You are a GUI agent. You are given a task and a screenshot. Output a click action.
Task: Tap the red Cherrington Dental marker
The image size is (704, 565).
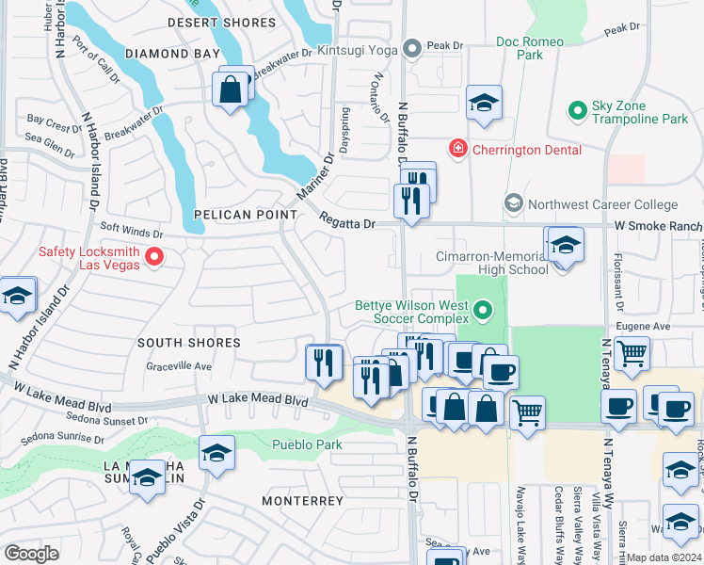[x=457, y=149]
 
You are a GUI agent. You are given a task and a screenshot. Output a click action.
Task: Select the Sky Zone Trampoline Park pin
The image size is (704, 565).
[x=578, y=111]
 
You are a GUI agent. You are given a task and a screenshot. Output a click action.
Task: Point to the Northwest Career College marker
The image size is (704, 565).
[x=514, y=203]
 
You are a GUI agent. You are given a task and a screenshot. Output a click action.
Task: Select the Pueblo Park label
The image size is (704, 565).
[x=307, y=444]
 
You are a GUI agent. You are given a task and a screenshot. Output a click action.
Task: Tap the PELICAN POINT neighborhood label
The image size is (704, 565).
[x=246, y=215]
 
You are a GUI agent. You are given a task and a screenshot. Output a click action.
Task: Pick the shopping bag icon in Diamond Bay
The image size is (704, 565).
[x=231, y=90]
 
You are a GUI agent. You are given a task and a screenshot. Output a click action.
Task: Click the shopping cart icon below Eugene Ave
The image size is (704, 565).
[x=632, y=355]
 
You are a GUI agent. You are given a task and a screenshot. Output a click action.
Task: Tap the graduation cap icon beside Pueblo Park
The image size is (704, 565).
[x=217, y=455]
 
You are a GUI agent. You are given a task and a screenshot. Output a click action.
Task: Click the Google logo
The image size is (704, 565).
[x=32, y=554]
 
